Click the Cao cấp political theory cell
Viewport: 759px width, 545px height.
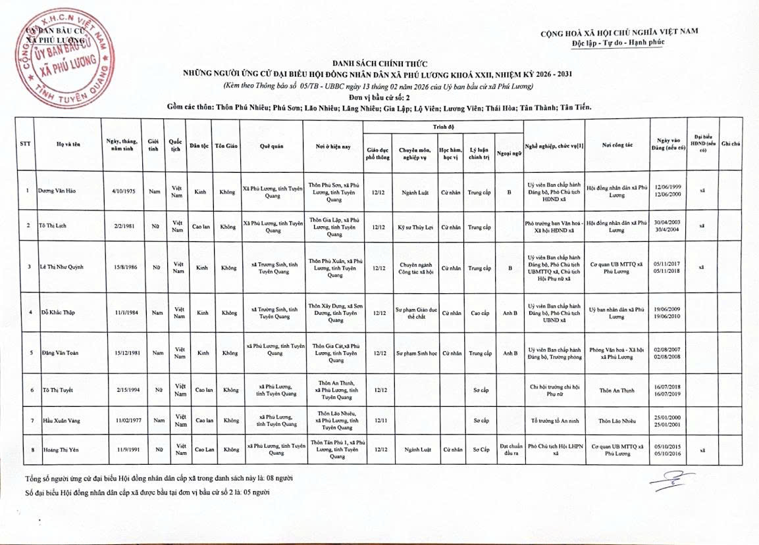tap(480, 313)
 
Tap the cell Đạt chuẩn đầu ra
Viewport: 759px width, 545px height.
tap(510, 448)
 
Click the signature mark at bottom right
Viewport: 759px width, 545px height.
tap(664, 483)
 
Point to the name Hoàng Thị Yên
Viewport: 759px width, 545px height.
tap(57, 450)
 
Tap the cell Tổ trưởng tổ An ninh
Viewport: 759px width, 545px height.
tap(555, 419)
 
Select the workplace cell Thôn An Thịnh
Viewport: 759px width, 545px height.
tap(617, 390)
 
